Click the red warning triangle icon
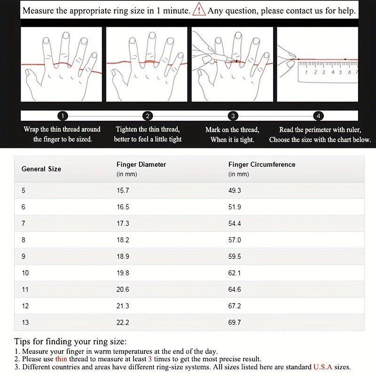click(199, 10)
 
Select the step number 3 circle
click(233, 116)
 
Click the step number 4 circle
click(318, 116)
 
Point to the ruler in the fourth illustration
click(327, 71)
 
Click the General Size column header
click(41, 169)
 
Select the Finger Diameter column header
click(141, 164)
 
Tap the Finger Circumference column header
click(262, 164)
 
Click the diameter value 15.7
click(123, 190)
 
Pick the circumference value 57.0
click(235, 240)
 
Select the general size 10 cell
click(25, 273)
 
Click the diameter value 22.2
click(123, 322)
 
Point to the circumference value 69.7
click(235, 322)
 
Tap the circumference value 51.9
click(235, 207)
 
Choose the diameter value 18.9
click(123, 257)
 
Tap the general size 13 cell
click(25, 322)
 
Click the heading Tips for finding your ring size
click(70, 342)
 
